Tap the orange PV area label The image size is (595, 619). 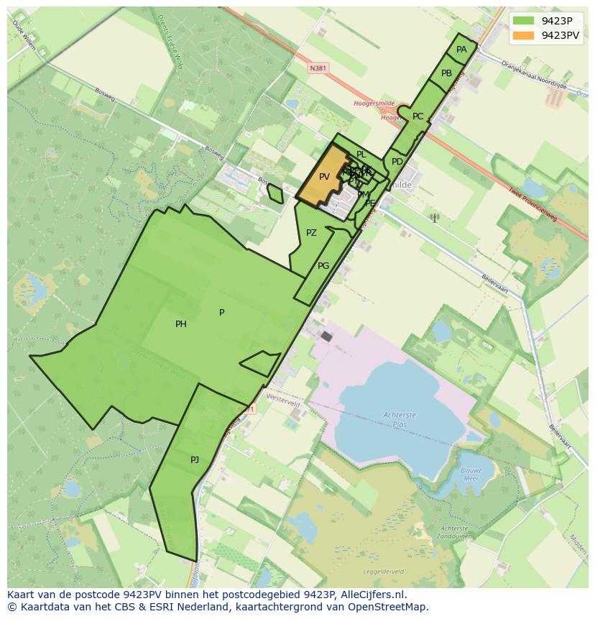(x=324, y=177)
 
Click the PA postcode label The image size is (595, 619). (x=461, y=50)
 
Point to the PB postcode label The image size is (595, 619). (x=446, y=73)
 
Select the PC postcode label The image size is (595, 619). (x=418, y=116)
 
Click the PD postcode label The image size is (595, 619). (x=397, y=162)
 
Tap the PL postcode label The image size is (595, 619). (x=361, y=155)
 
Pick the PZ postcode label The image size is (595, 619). (x=311, y=233)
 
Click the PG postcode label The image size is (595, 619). (x=323, y=266)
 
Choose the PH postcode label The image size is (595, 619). (x=181, y=324)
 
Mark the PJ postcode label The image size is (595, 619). (x=195, y=460)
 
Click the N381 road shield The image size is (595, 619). (x=318, y=68)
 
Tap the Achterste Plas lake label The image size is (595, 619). (x=400, y=420)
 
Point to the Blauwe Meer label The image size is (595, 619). (x=470, y=474)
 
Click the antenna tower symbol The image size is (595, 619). (x=434, y=217)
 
